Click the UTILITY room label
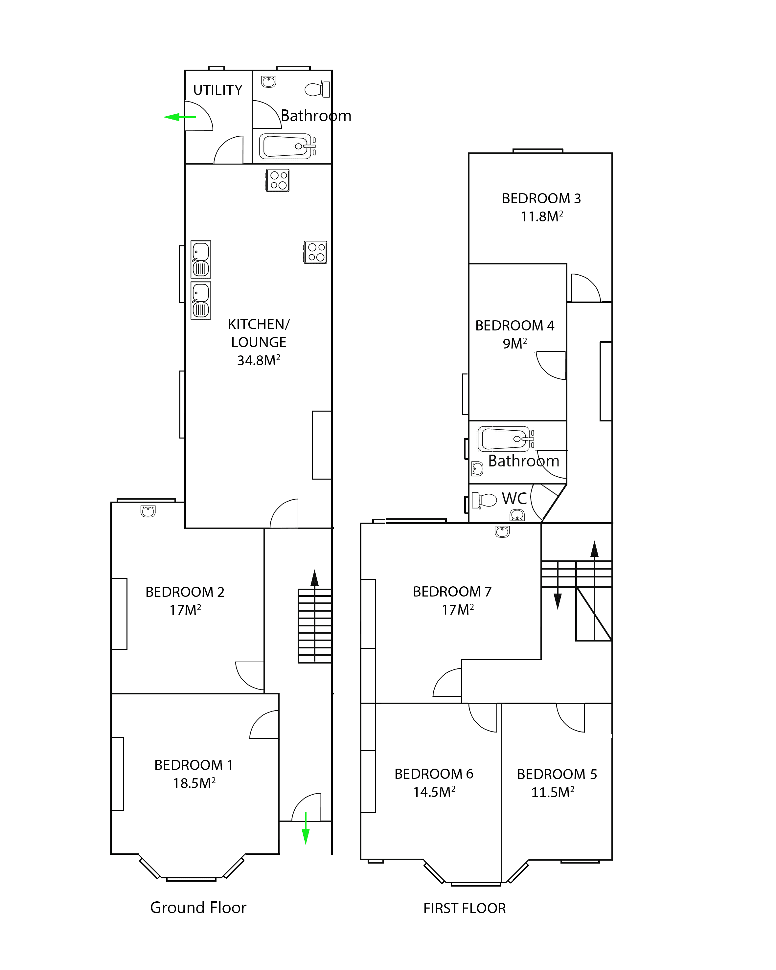pyautogui.click(x=218, y=90)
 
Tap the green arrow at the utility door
pyautogui.click(x=179, y=117)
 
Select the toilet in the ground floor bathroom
pyautogui.click(x=318, y=89)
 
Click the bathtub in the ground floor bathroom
pyautogui.click(x=285, y=146)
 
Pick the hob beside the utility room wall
pyautogui.click(x=278, y=180)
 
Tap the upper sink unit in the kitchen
pyautogui.click(x=201, y=259)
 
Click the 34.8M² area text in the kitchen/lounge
pyautogui.click(x=259, y=360)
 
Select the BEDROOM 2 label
pyautogui.click(x=185, y=592)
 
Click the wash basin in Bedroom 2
pyautogui.click(x=148, y=511)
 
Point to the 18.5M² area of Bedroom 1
pyautogui.click(x=194, y=783)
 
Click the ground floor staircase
pyautogui.click(x=315, y=625)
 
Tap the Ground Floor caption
pyautogui.click(x=198, y=908)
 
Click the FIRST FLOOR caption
pyautogui.click(x=465, y=908)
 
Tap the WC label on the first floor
pyautogui.click(x=514, y=499)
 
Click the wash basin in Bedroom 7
pyautogui.click(x=502, y=531)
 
